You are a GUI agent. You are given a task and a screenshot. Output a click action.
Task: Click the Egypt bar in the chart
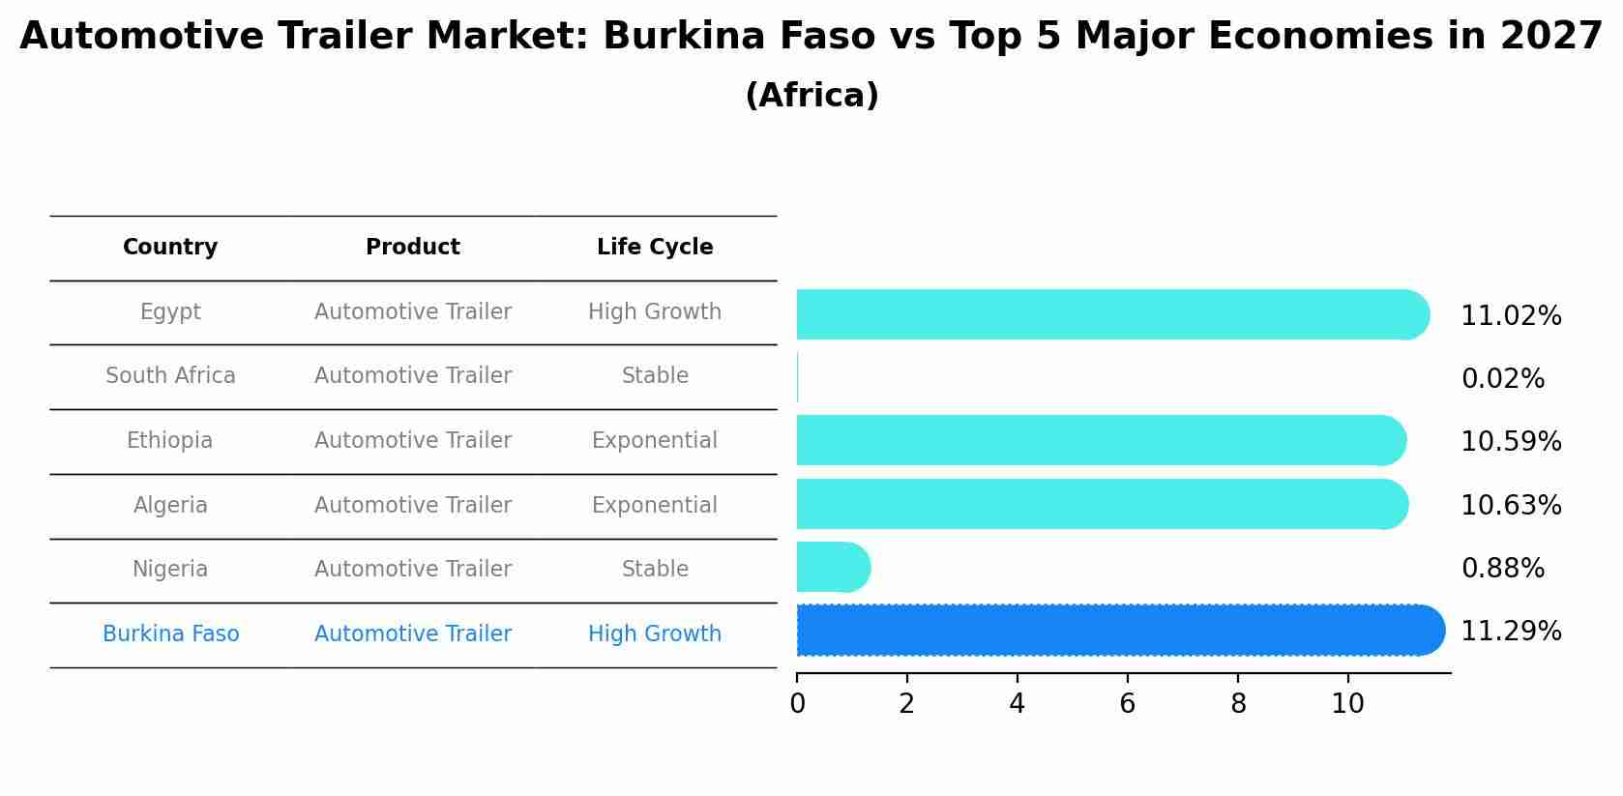point(1112,314)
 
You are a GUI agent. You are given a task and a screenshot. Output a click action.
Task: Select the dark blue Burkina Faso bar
point(1120,631)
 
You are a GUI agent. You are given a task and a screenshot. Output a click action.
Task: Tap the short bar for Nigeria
point(833,567)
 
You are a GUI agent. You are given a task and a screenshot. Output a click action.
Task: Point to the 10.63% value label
point(1511,505)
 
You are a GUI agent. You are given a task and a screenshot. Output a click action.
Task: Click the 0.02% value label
point(1502,379)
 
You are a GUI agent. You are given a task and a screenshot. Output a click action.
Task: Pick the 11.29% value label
point(1511,632)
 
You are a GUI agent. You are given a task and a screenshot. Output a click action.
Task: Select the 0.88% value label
point(1502,569)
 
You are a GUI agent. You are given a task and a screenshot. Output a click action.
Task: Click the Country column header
point(170,248)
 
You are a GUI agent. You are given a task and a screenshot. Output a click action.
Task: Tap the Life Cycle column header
point(655,248)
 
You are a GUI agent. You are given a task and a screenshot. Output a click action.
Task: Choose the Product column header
point(413,248)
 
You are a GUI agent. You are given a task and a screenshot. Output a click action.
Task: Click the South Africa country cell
point(170,376)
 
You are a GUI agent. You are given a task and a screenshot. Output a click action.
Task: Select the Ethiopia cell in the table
point(170,441)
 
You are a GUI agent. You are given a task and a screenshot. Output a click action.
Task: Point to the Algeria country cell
point(170,505)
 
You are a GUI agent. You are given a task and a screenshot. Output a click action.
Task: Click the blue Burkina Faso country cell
point(170,634)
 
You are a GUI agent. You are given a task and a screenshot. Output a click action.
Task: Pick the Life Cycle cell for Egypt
point(655,312)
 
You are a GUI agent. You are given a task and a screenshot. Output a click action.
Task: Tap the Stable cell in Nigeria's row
point(655,570)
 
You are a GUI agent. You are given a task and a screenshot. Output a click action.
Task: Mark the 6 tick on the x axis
point(1127,704)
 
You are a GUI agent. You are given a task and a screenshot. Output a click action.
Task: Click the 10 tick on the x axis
point(1347,704)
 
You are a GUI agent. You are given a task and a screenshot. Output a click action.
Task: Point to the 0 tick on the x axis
point(797,704)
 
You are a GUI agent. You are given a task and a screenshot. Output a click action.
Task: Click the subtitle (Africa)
point(811,96)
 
